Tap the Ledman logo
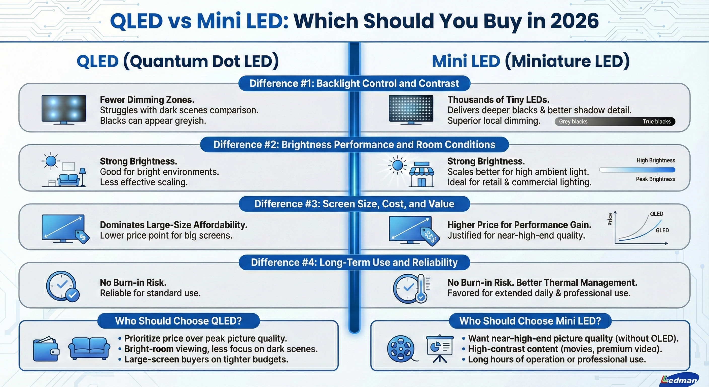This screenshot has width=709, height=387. coord(679,380)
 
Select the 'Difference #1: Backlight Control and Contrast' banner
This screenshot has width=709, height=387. coord(354,83)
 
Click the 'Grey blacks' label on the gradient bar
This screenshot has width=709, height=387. coord(573,121)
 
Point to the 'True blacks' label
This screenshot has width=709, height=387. coord(656,121)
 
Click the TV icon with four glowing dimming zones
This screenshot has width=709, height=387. coord(64,109)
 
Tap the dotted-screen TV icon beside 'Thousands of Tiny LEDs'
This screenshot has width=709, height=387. coord(411,109)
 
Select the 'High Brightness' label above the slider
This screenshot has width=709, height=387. coord(656,160)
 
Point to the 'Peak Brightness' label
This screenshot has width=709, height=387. coord(655,179)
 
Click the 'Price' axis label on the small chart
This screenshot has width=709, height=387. coord(610,219)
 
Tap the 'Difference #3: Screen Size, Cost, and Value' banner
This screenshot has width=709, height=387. coord(354,204)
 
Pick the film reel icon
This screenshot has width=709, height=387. coord(401,349)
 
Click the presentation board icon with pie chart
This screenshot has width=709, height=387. coord(440,348)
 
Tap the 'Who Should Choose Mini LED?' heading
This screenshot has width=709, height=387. coord(530,321)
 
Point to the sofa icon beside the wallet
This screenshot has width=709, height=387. coord(89,348)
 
